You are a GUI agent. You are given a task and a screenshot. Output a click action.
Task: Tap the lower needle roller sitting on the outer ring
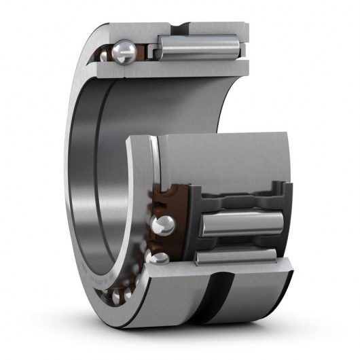click(234, 256)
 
